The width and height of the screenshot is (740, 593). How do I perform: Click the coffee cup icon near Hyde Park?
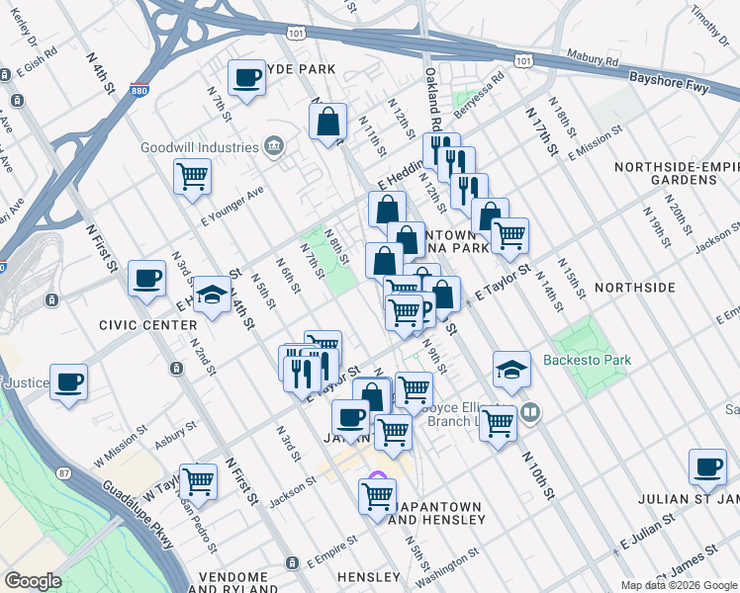pyautogui.click(x=246, y=77)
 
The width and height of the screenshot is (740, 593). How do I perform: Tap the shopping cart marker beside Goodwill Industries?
pyautogui.click(x=192, y=177)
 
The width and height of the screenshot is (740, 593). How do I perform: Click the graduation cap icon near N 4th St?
pyautogui.click(x=212, y=295)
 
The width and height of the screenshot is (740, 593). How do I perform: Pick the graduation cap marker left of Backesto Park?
pyautogui.click(x=511, y=370)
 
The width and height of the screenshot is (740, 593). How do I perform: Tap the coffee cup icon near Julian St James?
pyautogui.click(x=707, y=467)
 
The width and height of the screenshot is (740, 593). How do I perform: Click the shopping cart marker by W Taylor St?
pyautogui.click(x=198, y=481)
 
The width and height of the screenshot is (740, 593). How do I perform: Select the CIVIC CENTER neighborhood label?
pyautogui.click(x=147, y=324)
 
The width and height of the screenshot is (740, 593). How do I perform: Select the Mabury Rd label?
pyautogui.click(x=591, y=57)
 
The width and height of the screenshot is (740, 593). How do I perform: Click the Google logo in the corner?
pyautogui.click(x=33, y=581)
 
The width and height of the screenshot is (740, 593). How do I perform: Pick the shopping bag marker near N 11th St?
pyautogui.click(x=327, y=123)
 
